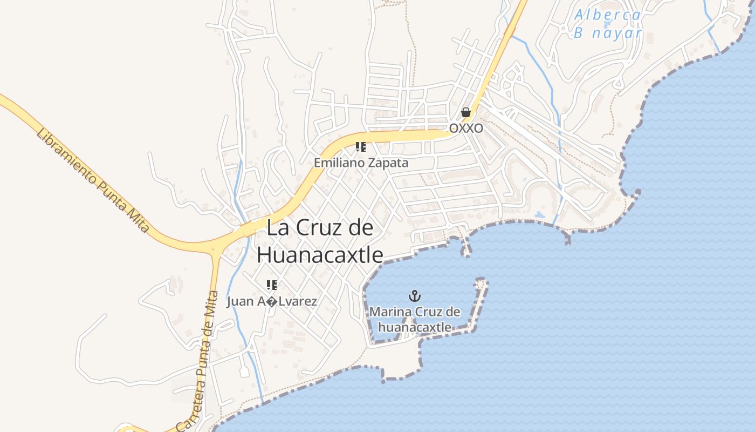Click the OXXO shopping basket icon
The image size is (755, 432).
[466, 112]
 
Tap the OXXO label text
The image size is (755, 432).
[466, 129]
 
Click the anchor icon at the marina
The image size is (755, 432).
[415, 296]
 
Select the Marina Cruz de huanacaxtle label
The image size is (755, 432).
[415, 319]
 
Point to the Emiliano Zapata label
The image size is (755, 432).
[361, 163]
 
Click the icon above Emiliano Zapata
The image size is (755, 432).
[361, 147]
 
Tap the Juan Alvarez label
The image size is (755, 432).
[272, 301]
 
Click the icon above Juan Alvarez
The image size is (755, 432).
[271, 285]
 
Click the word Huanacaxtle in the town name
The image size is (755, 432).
[320, 255]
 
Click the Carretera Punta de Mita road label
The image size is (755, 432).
[199, 362]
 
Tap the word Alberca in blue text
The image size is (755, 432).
[607, 15]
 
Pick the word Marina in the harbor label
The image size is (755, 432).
[390, 312]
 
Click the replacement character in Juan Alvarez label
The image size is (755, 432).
[272, 302]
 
